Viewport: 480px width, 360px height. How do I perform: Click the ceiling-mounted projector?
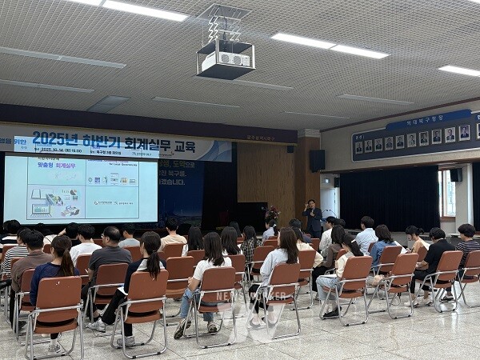pos(225,59)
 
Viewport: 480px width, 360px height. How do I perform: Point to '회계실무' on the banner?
pos(143,144)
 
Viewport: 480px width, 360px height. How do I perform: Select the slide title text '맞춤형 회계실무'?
pos(65,164)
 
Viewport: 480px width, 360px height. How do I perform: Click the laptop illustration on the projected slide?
pos(39,210)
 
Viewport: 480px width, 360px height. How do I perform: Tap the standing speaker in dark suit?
pos(313,218)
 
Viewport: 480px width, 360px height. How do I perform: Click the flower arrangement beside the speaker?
pos(271,214)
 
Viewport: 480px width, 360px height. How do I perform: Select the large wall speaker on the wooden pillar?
pos(318,160)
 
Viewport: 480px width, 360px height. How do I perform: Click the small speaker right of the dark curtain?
pos(454,174)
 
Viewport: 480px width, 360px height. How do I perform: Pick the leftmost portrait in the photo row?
pos(358,147)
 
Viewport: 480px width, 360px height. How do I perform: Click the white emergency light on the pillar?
pos(290,148)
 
